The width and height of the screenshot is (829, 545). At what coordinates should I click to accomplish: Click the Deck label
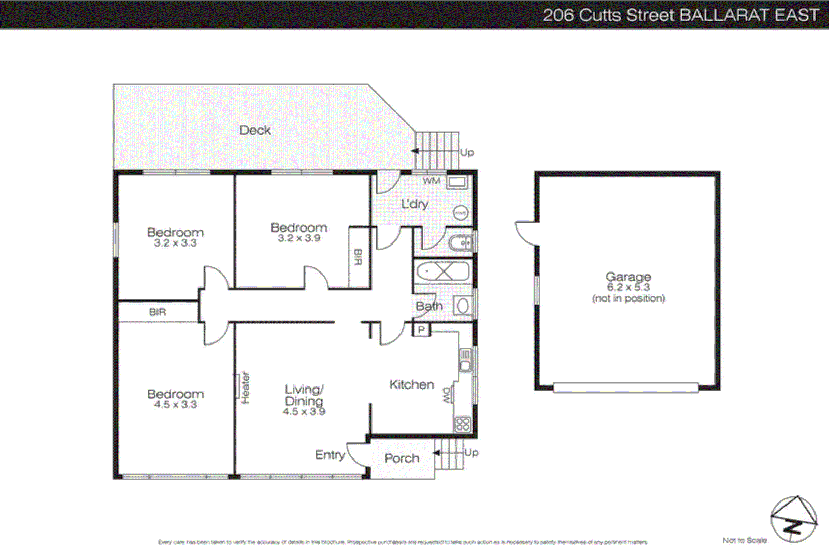pyautogui.click(x=255, y=130)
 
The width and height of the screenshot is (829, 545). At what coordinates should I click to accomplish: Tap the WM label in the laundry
pyautogui.click(x=431, y=181)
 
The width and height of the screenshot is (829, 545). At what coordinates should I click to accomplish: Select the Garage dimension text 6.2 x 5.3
pyautogui.click(x=628, y=288)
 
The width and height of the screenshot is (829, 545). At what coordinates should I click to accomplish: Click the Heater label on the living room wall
pyautogui.click(x=246, y=388)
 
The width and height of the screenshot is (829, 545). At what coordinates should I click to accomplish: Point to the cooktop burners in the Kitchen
pyautogui.click(x=462, y=424)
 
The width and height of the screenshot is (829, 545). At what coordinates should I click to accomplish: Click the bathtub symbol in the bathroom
pyautogui.click(x=443, y=271)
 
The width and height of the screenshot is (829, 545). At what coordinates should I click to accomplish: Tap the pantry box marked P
pyautogui.click(x=421, y=329)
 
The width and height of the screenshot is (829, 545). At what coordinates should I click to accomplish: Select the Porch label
pyautogui.click(x=402, y=458)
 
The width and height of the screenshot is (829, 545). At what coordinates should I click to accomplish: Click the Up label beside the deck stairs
pyautogui.click(x=467, y=152)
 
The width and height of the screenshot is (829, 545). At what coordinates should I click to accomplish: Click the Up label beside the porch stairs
pyautogui.click(x=471, y=452)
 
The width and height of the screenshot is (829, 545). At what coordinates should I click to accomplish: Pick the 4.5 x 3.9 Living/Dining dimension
pyautogui.click(x=304, y=412)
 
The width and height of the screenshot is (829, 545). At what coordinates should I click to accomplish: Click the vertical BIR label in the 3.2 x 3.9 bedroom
pyautogui.click(x=358, y=257)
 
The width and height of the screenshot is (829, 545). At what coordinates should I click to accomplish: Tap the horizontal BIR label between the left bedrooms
pyautogui.click(x=158, y=312)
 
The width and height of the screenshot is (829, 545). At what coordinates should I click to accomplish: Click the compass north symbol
pyautogui.click(x=793, y=519)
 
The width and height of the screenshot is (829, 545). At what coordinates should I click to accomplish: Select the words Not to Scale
pyautogui.click(x=744, y=540)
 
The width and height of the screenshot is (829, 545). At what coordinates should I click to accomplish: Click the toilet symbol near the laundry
pyautogui.click(x=460, y=242)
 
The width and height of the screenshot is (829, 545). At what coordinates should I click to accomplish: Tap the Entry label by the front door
pyautogui.click(x=330, y=455)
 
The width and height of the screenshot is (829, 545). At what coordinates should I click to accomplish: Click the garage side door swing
pyautogui.click(x=524, y=233)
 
